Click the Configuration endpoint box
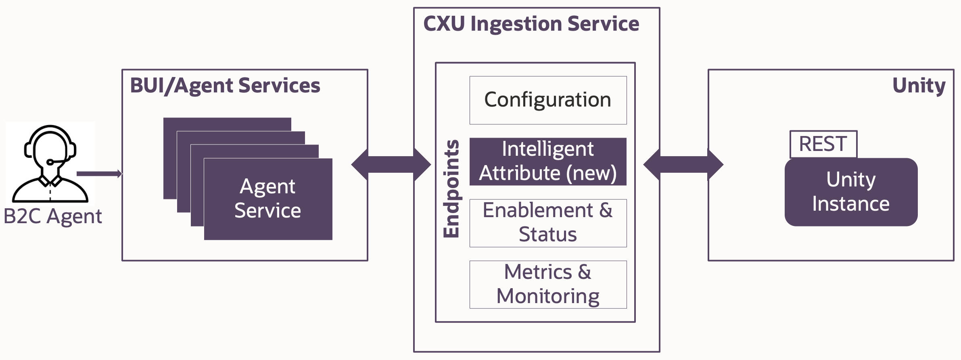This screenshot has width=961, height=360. pyautogui.click(x=548, y=100)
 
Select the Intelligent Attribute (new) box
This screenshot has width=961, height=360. pyautogui.click(x=548, y=161)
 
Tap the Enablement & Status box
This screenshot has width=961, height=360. pyautogui.click(x=548, y=223)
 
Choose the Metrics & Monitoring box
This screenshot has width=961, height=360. pyautogui.click(x=548, y=284)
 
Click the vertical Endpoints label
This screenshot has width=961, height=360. pyautogui.click(x=451, y=189)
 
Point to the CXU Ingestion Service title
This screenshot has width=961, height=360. pyautogui.click(x=531, y=23)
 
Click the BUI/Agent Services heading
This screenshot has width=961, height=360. pyautogui.click(x=225, y=86)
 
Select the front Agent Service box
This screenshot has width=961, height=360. pyautogui.click(x=268, y=199)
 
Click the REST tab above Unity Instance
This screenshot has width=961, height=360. pyautogui.click(x=823, y=144)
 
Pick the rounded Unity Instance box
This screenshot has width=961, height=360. pyautogui.click(x=851, y=192)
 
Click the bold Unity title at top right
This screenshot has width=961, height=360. pyautogui.click(x=919, y=86)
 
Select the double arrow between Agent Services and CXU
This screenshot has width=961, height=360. pyautogui.click(x=391, y=165)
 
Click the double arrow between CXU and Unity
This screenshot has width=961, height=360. pyautogui.click(x=683, y=165)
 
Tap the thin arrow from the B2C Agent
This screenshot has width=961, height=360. pyautogui.click(x=99, y=174)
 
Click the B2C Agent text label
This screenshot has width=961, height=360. pyautogui.click(x=53, y=216)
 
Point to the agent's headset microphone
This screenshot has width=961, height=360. pyautogui.click(x=50, y=162)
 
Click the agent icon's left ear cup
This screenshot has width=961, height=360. pyautogui.click(x=28, y=149)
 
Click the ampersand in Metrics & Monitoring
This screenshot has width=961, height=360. pyautogui.click(x=585, y=272)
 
